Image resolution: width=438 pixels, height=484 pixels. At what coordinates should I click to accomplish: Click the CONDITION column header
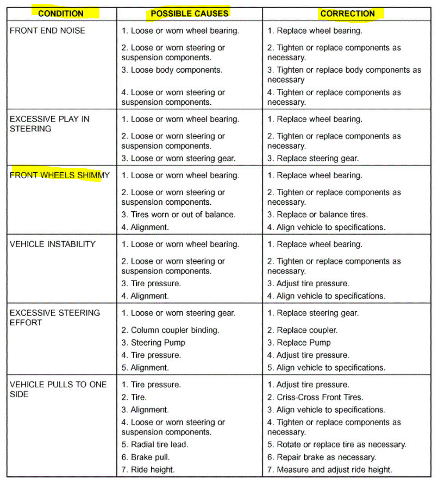coord(61,13)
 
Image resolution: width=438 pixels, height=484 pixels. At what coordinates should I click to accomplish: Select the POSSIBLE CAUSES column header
coord(189,13)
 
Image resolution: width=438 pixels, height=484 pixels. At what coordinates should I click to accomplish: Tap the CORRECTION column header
coord(347,13)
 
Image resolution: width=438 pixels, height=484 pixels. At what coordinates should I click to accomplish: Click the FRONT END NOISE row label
coord(47,30)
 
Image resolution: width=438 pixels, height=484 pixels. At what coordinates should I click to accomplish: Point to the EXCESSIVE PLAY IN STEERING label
coord(49,124)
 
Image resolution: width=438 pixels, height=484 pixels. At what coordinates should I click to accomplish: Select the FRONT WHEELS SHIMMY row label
coord(59,175)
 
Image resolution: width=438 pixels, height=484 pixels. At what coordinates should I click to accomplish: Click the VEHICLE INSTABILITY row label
coord(52,244)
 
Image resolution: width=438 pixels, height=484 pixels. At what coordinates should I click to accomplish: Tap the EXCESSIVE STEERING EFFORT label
coord(54,317)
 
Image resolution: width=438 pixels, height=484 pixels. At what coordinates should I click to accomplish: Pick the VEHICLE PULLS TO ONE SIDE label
coord(56,389)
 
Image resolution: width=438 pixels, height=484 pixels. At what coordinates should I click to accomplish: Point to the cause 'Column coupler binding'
coord(170,330)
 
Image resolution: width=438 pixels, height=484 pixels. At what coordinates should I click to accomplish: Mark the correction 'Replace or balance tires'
coord(317,215)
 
